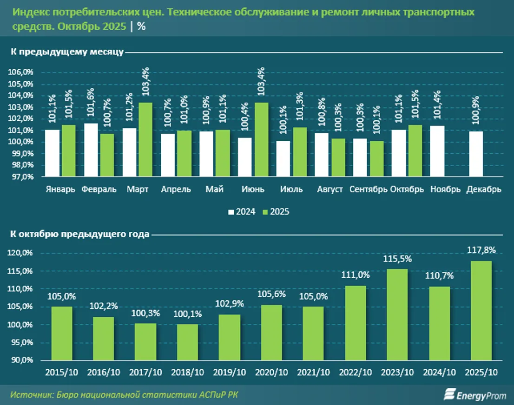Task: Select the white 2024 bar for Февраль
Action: (x=92, y=150)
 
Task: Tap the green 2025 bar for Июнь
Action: (x=261, y=139)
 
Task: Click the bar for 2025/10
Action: (x=481, y=310)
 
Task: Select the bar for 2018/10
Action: (x=187, y=342)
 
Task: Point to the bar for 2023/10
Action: (x=397, y=314)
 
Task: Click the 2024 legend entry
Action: (x=242, y=212)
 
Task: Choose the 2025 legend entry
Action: (x=276, y=212)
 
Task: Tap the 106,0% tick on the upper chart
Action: (x=20, y=72)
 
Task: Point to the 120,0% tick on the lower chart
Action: (x=20, y=253)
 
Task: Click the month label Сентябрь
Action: (x=368, y=189)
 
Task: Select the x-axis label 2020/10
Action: (x=271, y=372)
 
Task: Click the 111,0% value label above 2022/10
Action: (x=356, y=275)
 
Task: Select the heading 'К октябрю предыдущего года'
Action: (x=80, y=234)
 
